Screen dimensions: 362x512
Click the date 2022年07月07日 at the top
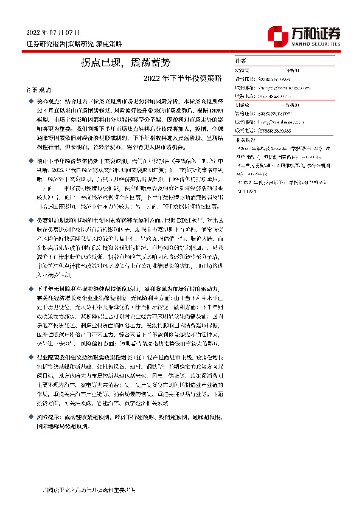point(53,32)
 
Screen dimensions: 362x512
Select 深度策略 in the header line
point(110,44)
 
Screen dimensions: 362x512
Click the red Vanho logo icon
point(277,35)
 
